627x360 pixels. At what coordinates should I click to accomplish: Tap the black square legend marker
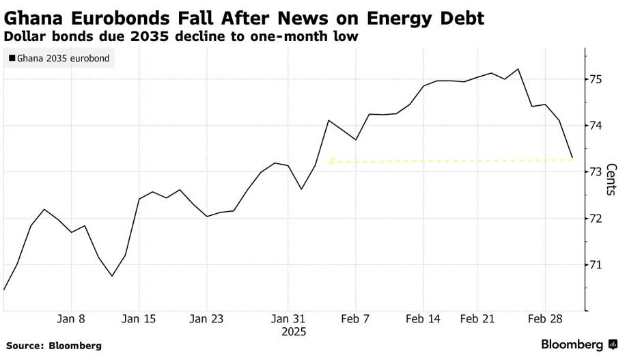(x=12, y=59)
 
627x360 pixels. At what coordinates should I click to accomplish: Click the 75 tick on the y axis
(x=596, y=80)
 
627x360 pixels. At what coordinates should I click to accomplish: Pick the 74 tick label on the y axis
(x=596, y=126)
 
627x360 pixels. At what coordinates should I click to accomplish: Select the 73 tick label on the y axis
(x=596, y=172)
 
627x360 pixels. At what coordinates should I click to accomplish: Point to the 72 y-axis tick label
(x=596, y=219)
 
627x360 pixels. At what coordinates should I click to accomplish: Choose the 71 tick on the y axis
(x=596, y=265)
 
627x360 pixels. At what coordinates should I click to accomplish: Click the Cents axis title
(x=611, y=179)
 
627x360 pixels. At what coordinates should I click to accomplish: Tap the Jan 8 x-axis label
(x=71, y=319)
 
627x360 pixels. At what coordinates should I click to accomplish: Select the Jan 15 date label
(x=139, y=319)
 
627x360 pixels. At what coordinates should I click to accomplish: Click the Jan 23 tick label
(x=206, y=319)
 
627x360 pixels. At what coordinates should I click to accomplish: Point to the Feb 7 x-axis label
(x=355, y=319)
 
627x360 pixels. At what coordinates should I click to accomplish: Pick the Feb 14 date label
(x=423, y=319)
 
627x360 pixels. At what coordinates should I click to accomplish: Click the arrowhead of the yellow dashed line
(x=331, y=162)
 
